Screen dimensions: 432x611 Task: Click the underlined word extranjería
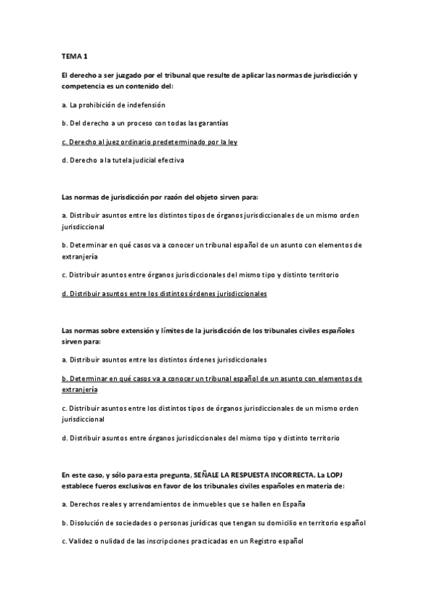pos(80,389)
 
